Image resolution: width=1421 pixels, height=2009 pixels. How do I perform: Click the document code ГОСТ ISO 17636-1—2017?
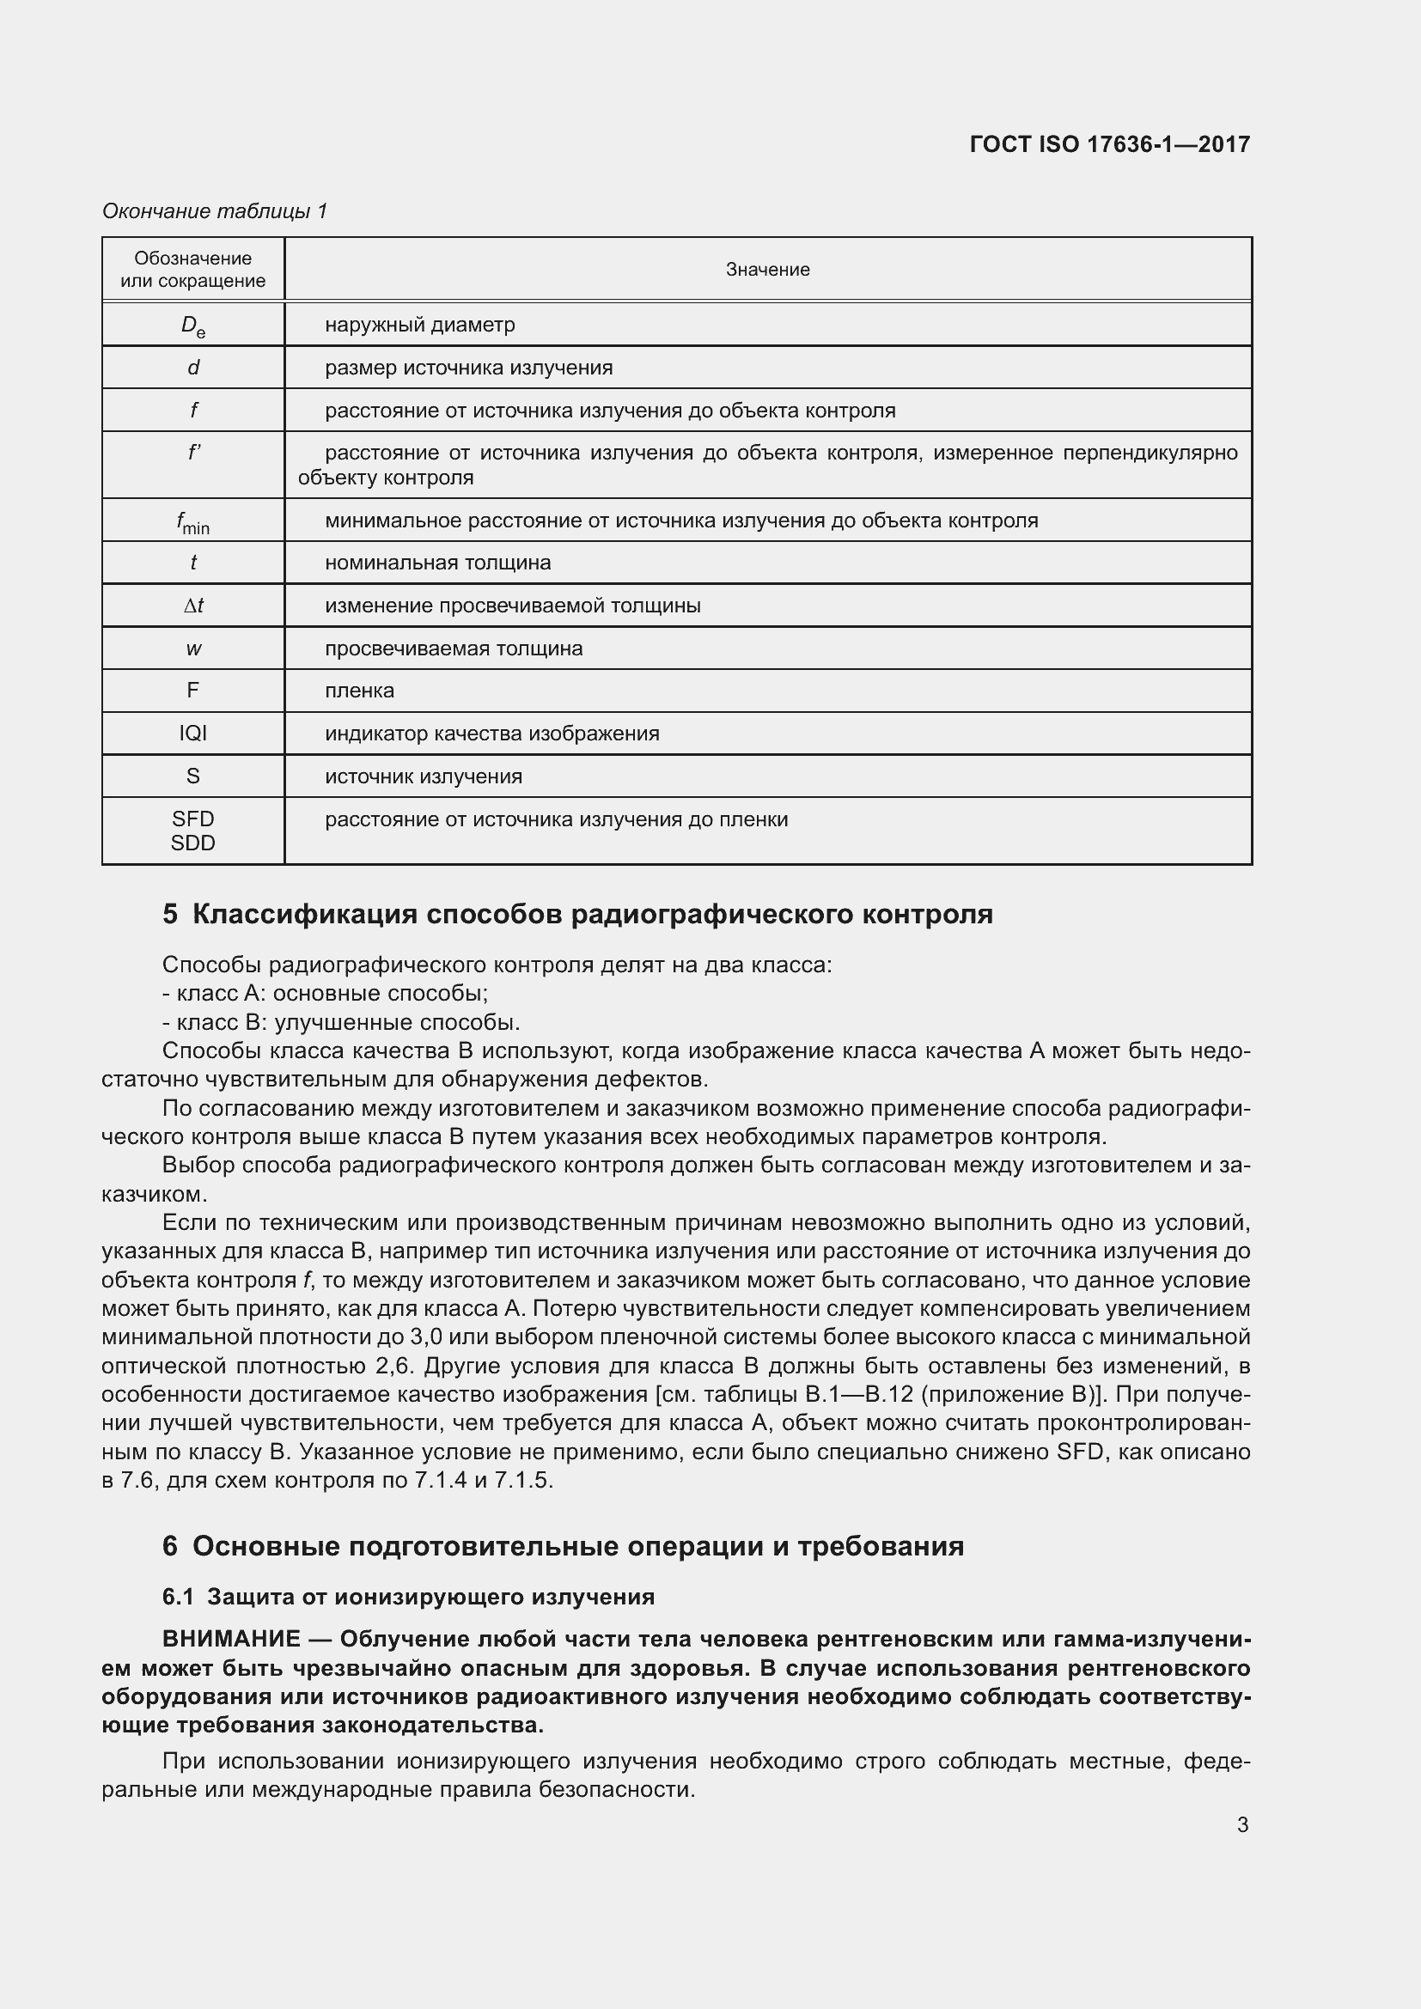point(1108,144)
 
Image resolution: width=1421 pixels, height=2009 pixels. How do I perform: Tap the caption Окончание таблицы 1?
point(215,211)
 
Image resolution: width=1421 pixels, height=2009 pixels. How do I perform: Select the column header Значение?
point(767,270)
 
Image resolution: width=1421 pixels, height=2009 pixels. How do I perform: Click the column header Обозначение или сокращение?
point(192,270)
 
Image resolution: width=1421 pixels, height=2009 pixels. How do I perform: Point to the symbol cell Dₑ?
point(192,326)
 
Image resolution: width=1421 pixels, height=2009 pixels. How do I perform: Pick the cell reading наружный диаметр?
point(420,325)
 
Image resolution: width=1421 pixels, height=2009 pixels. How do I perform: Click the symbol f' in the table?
point(194,453)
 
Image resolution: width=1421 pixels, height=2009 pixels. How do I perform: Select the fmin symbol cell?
point(192,522)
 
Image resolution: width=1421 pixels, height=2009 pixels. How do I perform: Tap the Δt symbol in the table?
point(193,606)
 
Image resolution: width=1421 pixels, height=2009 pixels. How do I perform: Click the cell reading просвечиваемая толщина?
point(454,648)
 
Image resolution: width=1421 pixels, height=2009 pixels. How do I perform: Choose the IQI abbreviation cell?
point(192,734)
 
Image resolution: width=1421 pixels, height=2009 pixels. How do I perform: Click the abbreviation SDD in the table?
point(192,843)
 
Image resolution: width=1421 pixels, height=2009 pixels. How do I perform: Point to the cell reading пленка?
point(360,691)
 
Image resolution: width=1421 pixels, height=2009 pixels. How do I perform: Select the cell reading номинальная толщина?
point(437,563)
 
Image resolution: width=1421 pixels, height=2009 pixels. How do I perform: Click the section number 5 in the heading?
point(170,915)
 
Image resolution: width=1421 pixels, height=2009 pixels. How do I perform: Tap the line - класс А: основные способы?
point(326,993)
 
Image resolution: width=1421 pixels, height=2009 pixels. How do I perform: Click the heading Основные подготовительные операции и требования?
point(577,1546)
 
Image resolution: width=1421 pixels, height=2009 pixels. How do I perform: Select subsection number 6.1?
point(178,1597)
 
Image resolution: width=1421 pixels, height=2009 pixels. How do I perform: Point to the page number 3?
point(1242,1825)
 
